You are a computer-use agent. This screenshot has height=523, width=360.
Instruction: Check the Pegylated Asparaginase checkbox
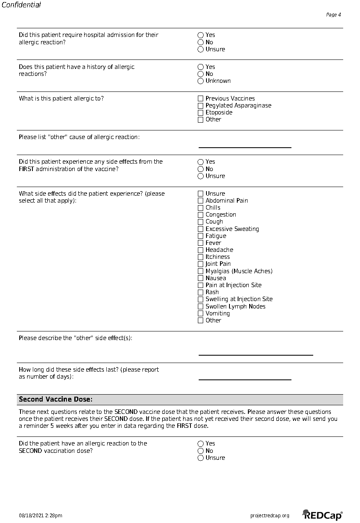click(200, 105)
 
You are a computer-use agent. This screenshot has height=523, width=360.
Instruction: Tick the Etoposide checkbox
click(200, 112)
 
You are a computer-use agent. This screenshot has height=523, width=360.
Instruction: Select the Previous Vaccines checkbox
click(200, 98)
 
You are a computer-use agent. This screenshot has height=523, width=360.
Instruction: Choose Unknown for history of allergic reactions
click(200, 81)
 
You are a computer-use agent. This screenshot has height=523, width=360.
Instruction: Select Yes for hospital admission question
click(200, 35)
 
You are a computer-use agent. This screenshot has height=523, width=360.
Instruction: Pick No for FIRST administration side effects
click(200, 169)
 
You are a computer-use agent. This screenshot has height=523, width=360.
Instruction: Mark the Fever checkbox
click(200, 243)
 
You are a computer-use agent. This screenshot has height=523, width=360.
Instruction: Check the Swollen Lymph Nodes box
click(200, 306)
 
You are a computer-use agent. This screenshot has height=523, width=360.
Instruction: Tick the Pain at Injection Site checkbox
click(200, 285)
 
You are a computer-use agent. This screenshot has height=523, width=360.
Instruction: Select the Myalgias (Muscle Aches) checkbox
click(200, 271)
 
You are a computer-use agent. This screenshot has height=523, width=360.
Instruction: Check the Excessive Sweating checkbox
click(200, 229)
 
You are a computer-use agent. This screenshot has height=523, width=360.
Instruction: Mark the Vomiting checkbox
click(200, 313)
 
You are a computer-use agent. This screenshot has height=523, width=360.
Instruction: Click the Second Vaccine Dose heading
click(56, 400)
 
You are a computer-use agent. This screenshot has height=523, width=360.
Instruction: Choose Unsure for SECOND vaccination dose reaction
click(200, 458)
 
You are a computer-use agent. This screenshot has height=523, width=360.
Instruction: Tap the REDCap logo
click(322, 515)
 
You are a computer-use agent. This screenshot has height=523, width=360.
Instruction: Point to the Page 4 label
click(333, 15)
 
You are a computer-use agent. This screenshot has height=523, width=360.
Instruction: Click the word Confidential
click(21, 5)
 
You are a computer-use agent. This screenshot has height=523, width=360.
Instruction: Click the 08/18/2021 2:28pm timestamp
click(41, 516)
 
